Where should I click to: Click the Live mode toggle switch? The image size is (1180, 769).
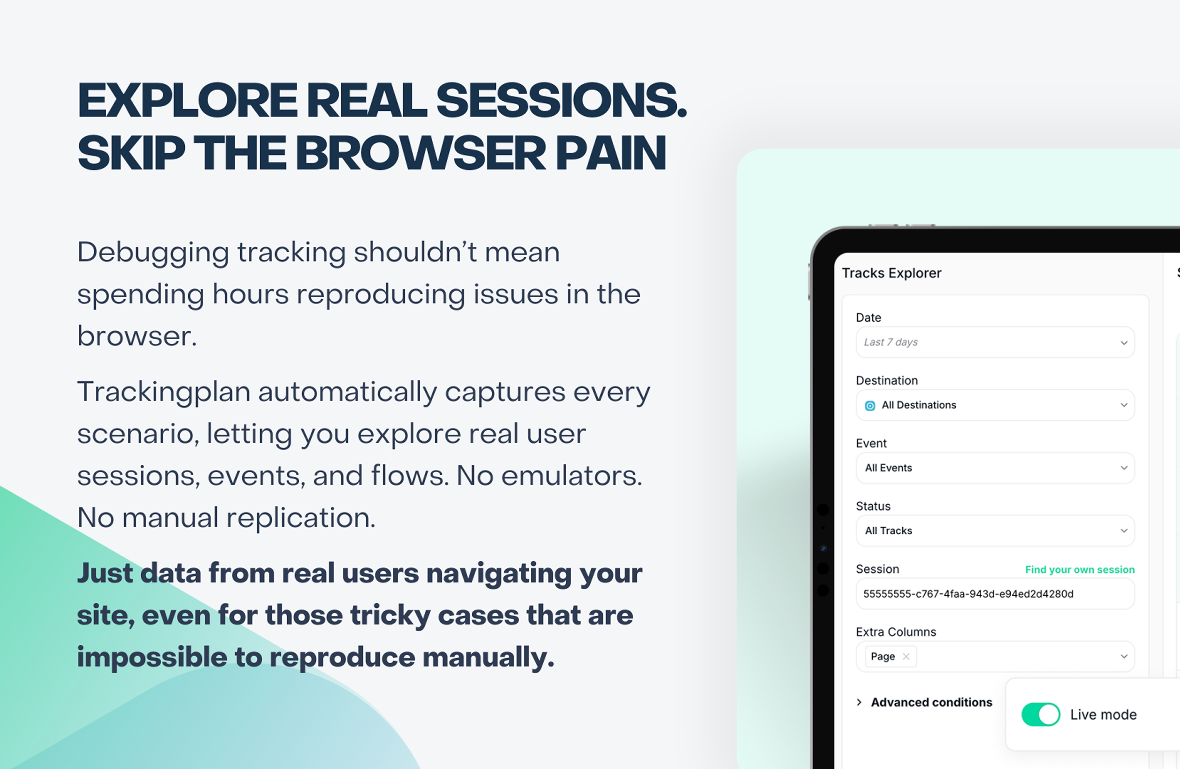1041,715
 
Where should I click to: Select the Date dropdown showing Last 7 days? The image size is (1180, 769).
995,342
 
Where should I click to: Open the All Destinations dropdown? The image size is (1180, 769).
995,405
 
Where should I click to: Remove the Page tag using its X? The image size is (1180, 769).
906,657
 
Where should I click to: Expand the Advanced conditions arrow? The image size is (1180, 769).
859,702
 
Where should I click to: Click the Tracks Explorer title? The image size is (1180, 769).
891,273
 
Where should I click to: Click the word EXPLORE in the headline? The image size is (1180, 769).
187,100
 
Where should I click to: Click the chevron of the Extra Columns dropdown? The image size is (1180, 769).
1124,657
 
